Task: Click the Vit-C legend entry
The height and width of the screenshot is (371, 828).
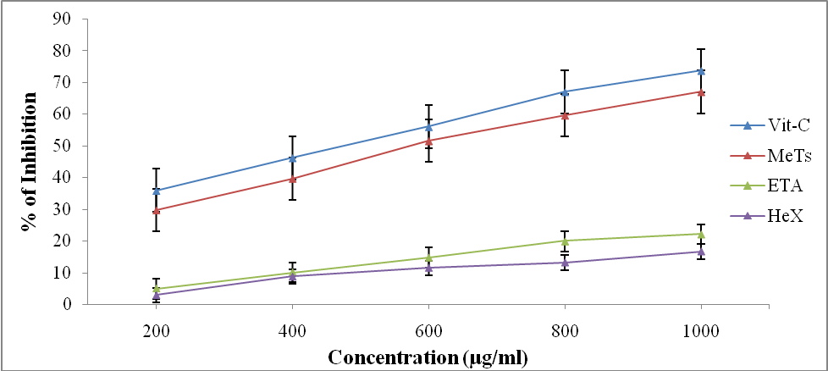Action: (x=770, y=125)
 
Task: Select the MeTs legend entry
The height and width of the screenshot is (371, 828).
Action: (x=770, y=156)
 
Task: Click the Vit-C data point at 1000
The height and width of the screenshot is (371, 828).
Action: (x=701, y=71)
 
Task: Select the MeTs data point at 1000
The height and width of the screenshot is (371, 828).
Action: (x=701, y=91)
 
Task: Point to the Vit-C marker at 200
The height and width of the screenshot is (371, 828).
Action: (x=156, y=191)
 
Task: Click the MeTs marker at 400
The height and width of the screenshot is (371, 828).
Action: (x=292, y=179)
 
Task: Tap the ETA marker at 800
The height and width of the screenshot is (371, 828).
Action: (x=565, y=241)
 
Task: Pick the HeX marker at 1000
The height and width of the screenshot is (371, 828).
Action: (x=701, y=252)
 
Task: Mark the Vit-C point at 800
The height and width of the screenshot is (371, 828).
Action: (x=565, y=91)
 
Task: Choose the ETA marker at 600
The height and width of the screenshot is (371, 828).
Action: (x=428, y=257)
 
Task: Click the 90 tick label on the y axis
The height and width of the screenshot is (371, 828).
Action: (x=61, y=19)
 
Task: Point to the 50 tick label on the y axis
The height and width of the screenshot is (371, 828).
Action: (x=61, y=146)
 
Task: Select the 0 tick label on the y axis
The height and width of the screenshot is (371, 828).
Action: (x=65, y=304)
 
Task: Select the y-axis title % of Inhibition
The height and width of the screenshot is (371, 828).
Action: (x=30, y=160)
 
